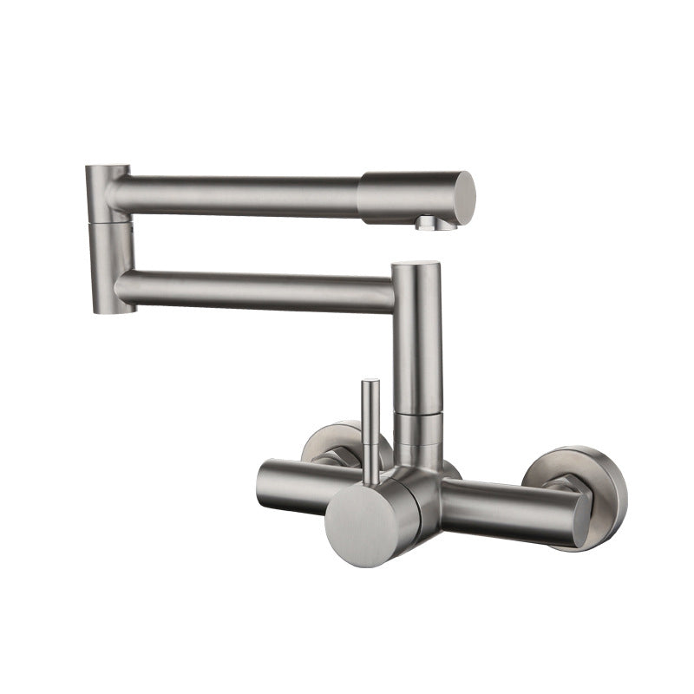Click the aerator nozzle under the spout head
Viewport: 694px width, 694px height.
click(429, 223)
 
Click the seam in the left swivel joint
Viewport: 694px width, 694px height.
click(110, 220)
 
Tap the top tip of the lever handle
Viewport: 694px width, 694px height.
click(370, 383)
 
